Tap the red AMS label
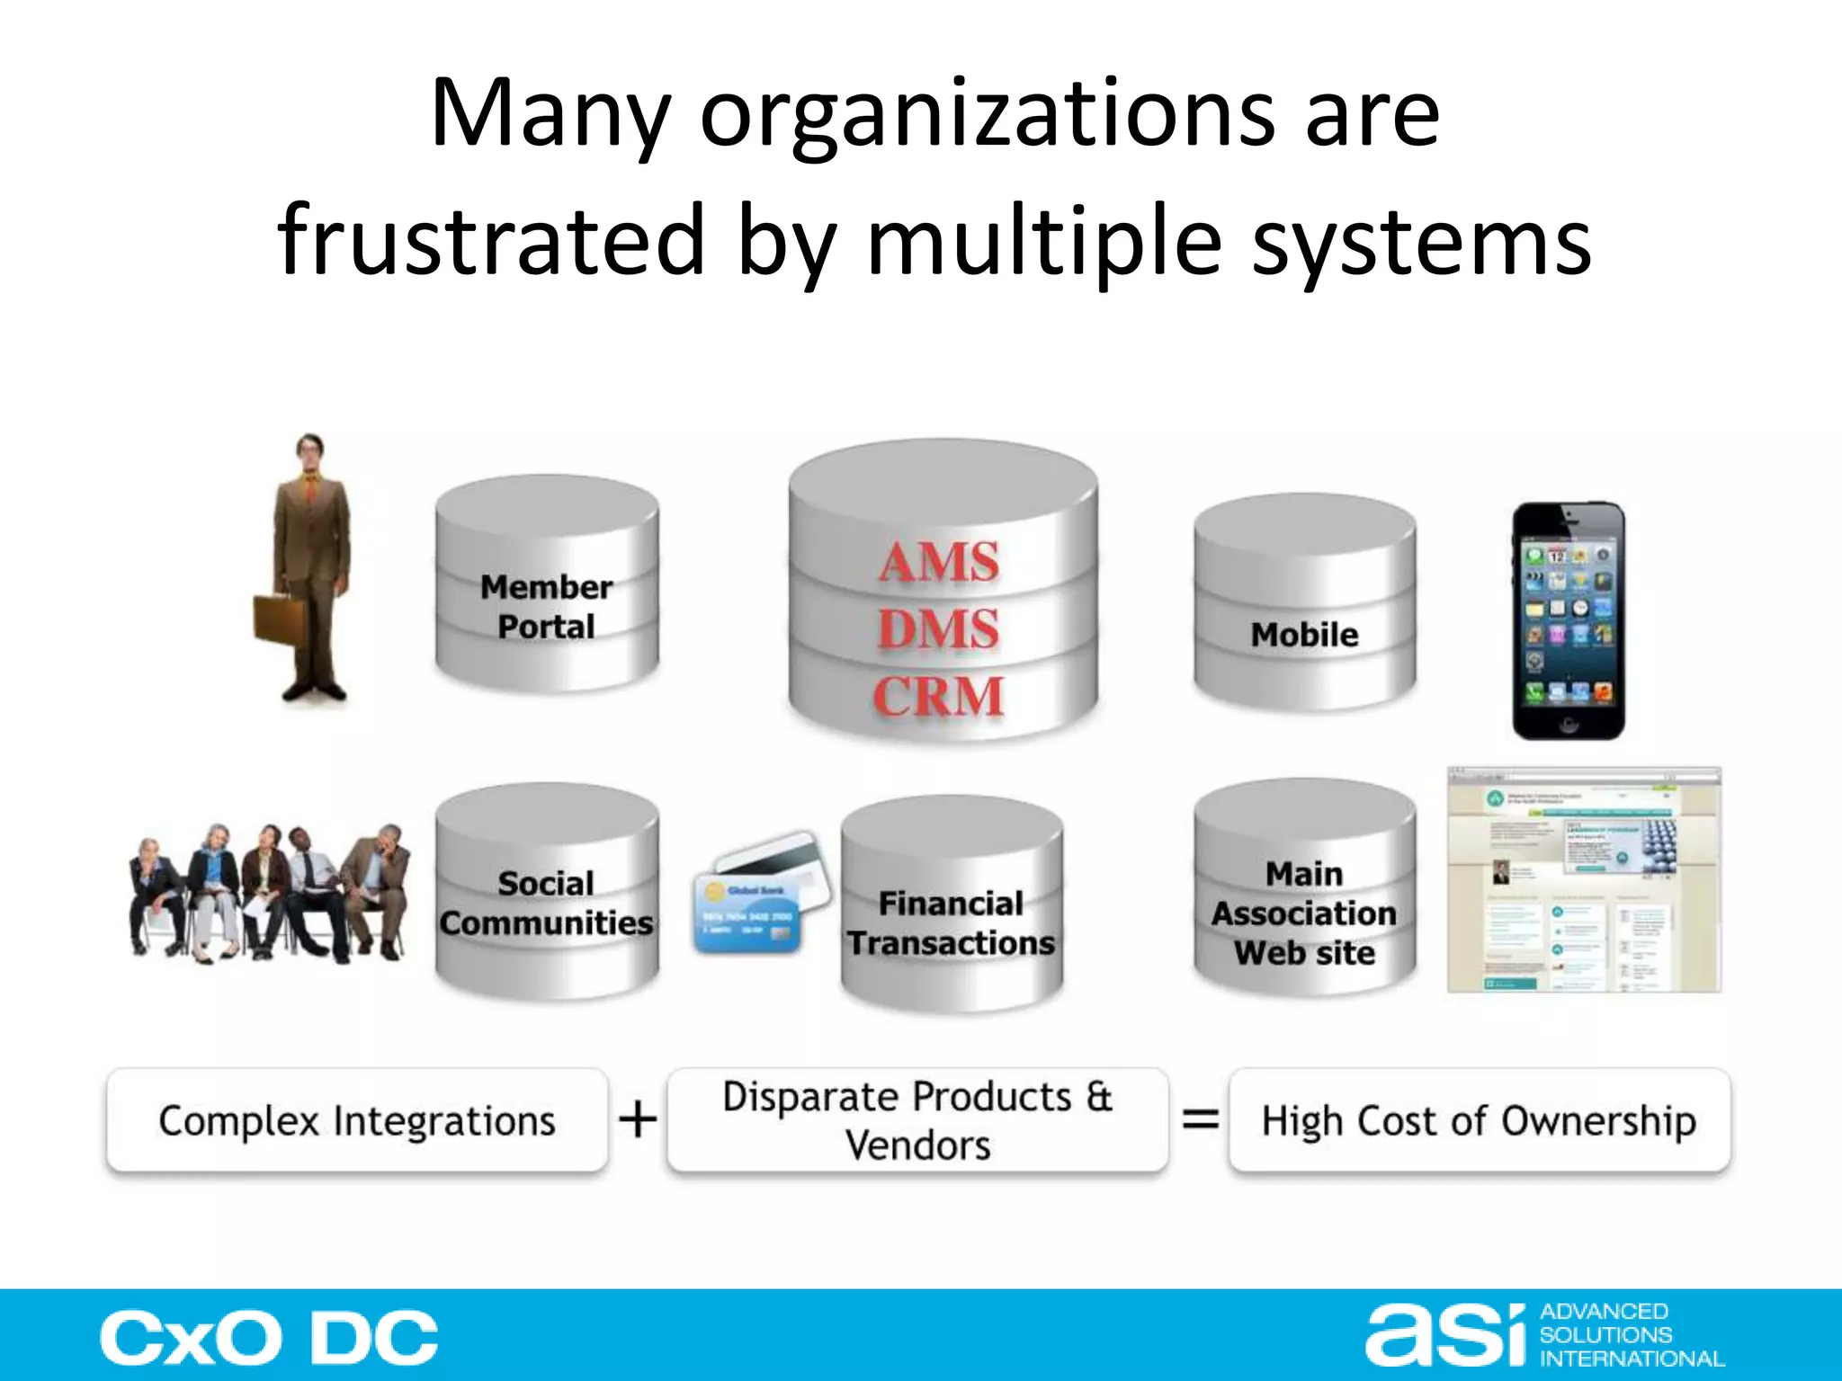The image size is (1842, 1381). [x=939, y=563]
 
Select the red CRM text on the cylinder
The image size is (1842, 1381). [x=938, y=696]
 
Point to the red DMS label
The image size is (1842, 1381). [x=938, y=628]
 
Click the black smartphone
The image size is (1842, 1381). [x=1569, y=620]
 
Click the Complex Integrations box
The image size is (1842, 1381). [x=357, y=1120]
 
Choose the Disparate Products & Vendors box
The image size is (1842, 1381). [x=917, y=1120]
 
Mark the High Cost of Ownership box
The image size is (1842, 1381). [x=1479, y=1120]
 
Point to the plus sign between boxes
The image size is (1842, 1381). [x=638, y=1120]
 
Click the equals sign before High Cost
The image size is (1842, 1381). [x=1200, y=1120]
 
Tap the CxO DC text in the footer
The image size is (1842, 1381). [x=269, y=1338]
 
